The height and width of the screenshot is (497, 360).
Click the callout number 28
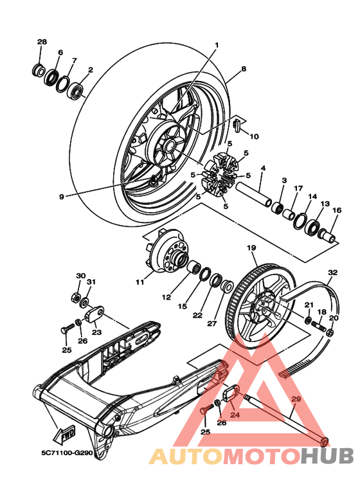(x=42, y=42)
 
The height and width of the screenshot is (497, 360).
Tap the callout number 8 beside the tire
(x=244, y=68)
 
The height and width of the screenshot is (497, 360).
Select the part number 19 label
(x=251, y=248)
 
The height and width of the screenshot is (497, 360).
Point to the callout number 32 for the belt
(x=333, y=272)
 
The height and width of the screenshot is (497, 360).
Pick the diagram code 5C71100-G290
(x=67, y=453)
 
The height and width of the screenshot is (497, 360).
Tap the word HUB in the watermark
(x=327, y=456)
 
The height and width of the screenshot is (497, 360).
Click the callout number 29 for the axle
(x=296, y=399)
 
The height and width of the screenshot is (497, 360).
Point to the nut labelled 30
(x=75, y=298)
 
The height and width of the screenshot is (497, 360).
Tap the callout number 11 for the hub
(x=139, y=282)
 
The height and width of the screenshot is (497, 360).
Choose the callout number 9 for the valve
(x=62, y=197)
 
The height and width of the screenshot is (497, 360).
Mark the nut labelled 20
(x=330, y=332)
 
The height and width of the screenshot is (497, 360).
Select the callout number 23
(x=96, y=332)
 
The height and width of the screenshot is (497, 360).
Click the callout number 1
(x=217, y=45)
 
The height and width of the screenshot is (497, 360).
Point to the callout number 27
(x=212, y=323)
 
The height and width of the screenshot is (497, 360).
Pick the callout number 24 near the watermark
(x=235, y=414)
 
